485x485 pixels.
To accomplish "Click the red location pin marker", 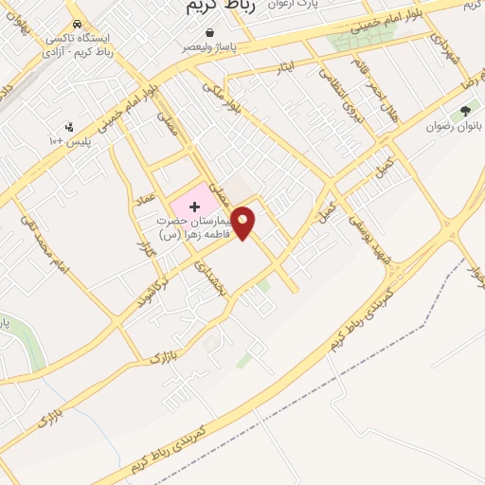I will point(243,222).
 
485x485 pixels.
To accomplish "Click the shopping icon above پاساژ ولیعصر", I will point(197,30).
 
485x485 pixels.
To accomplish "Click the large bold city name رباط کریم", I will point(213,8).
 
